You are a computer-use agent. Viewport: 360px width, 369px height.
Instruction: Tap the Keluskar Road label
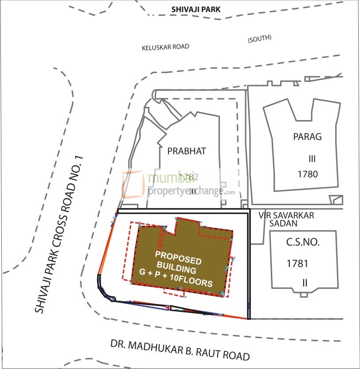(165, 47)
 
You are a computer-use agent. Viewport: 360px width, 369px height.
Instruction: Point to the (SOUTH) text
(259, 40)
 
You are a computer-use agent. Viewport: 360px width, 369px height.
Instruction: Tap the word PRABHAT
(187, 151)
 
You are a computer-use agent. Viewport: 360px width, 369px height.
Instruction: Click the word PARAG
(307, 136)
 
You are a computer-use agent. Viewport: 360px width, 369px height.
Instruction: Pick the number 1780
(309, 174)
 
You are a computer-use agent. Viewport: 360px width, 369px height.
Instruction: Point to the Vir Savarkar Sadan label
(286, 219)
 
